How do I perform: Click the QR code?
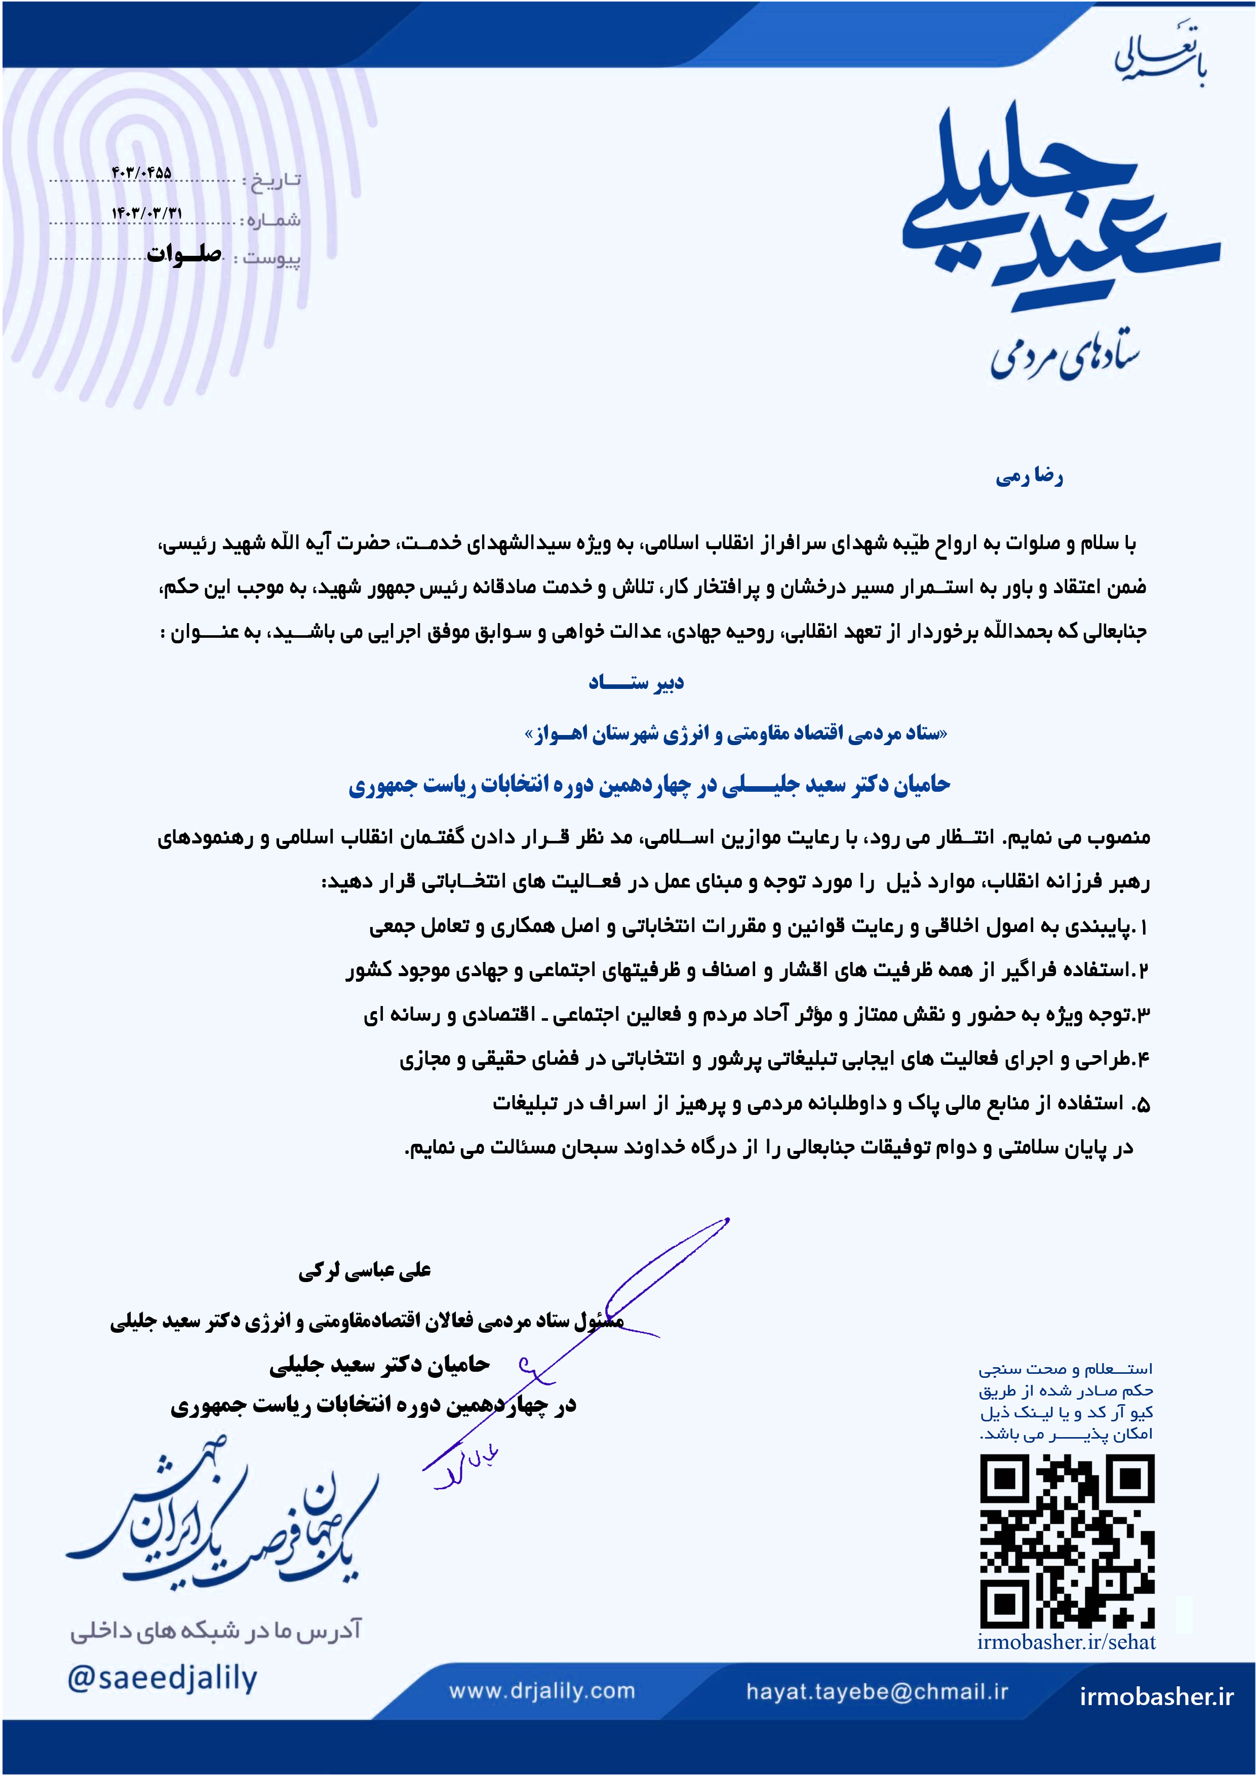click(1067, 1541)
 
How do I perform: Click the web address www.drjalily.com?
click(542, 1691)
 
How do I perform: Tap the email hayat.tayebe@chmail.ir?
click(877, 1691)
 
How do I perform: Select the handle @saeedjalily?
click(163, 1678)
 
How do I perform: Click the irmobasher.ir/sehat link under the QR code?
click(1067, 1642)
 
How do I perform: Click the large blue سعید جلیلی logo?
click(1060, 209)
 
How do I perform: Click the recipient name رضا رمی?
click(1029, 477)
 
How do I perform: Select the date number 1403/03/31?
click(147, 212)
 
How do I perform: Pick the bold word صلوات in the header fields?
click(184, 254)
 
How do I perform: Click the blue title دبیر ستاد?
click(636, 683)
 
